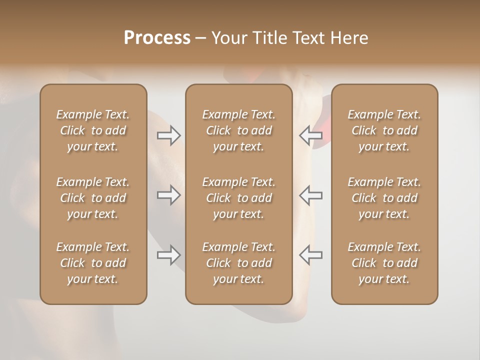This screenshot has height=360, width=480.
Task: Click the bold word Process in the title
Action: coord(157,38)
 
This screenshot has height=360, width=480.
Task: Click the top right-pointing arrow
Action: coord(168,135)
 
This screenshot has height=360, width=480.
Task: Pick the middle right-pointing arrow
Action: coord(168,195)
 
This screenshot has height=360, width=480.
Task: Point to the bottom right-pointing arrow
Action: coord(168,255)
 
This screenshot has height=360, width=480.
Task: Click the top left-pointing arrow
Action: coord(310,135)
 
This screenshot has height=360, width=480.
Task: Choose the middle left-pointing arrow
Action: coord(310,195)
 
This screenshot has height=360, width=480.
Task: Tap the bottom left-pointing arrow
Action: coord(310,255)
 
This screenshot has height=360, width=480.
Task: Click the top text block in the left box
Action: coord(93,130)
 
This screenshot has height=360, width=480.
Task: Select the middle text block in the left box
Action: coord(93,198)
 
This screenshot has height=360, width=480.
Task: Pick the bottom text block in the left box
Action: coord(93,263)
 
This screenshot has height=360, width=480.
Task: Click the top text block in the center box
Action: coord(238,130)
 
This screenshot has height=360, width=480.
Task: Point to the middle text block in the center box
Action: coord(238,198)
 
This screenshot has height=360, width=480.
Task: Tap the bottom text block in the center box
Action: coord(238,263)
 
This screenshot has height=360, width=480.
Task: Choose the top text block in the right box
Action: coord(384,130)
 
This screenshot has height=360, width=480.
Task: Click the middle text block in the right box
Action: coord(384,198)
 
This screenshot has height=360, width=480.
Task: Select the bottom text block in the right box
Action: coord(384,263)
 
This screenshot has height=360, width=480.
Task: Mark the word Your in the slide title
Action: coord(228,38)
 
